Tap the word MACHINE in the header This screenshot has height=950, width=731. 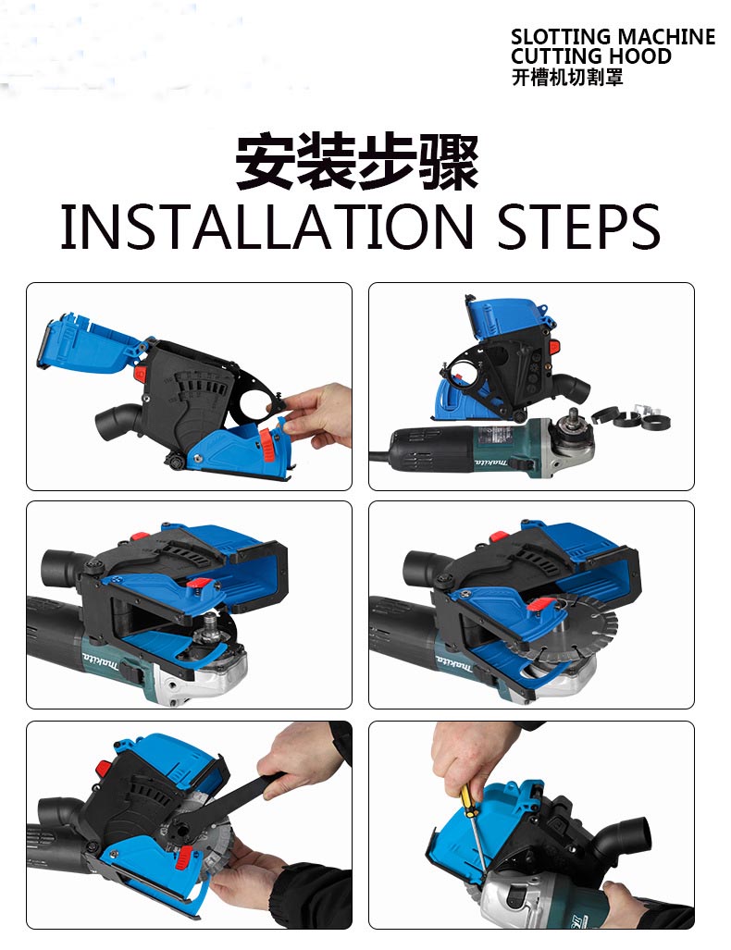[665, 37]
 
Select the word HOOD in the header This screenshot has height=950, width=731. [640, 56]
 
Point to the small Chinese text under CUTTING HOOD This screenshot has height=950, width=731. [567, 78]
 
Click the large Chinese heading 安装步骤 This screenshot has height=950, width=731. [356, 163]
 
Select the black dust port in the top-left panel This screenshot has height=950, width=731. [118, 422]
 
